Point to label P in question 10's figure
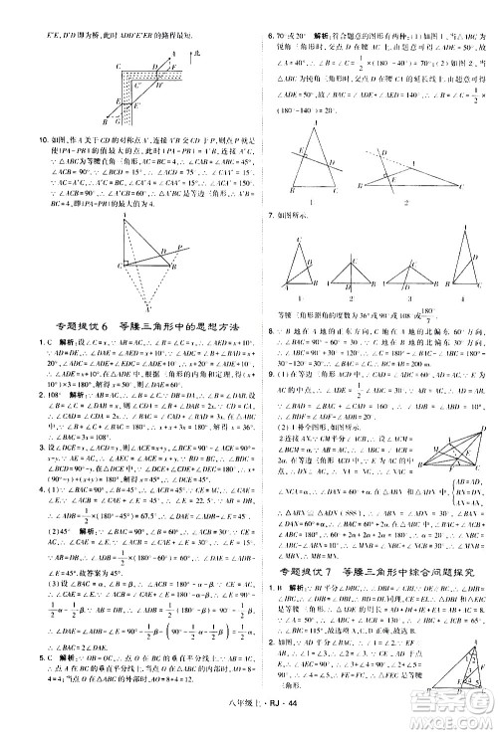170,249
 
